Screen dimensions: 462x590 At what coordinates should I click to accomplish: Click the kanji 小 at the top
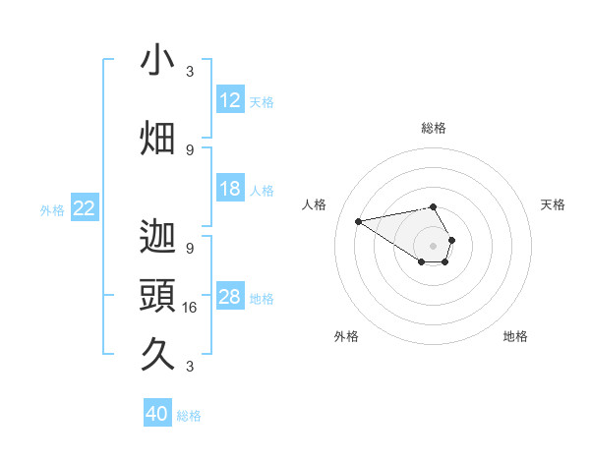(x=157, y=61)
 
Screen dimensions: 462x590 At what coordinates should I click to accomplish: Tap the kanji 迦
(x=157, y=237)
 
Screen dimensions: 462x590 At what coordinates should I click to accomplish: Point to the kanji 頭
(x=157, y=296)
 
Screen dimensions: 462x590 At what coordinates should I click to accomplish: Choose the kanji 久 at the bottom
(x=157, y=354)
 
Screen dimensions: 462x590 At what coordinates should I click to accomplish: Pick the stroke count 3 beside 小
(x=190, y=72)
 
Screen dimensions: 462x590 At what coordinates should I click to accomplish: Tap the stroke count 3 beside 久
(x=190, y=367)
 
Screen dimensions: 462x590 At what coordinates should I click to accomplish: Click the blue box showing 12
(x=230, y=100)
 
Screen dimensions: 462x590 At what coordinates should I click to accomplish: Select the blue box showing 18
(x=230, y=189)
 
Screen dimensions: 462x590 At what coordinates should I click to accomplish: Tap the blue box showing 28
(x=230, y=297)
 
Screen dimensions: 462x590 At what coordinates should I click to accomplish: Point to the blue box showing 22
(x=85, y=208)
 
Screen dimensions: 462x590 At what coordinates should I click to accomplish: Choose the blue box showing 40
(x=157, y=414)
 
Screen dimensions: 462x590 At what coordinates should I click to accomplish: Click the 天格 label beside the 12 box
(x=262, y=101)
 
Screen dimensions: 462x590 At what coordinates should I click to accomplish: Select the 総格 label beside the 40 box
(x=189, y=416)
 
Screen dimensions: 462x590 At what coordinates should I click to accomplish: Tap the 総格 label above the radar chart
(x=433, y=128)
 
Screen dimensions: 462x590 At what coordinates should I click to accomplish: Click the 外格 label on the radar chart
(x=346, y=336)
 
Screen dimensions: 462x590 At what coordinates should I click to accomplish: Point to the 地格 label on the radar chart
(x=515, y=336)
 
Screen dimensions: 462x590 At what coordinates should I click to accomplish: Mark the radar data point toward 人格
(x=358, y=220)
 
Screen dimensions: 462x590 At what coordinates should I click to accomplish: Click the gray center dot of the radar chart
(x=433, y=244)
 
